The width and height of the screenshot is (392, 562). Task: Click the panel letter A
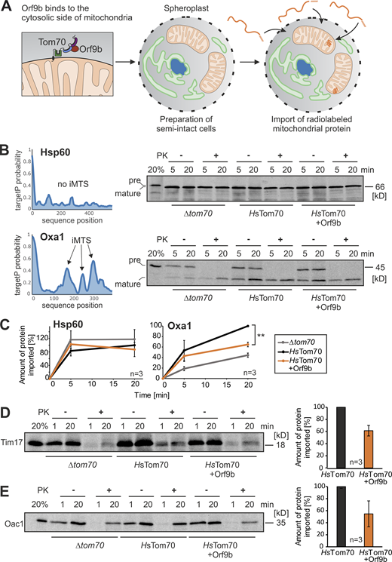pos(7,8)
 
